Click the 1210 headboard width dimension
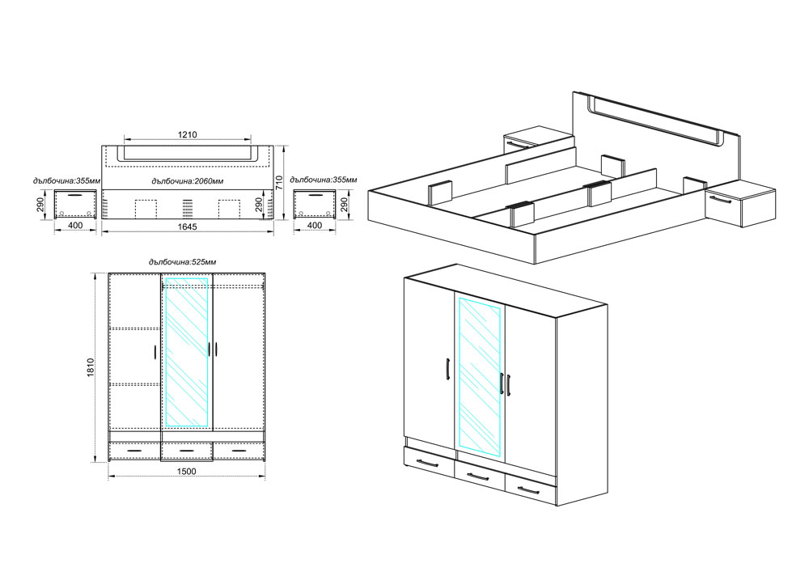(188, 134)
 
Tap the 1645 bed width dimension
(188, 227)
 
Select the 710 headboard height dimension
(279, 183)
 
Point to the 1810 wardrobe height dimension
(91, 368)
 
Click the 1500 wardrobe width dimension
(186, 471)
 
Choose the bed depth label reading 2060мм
(188, 181)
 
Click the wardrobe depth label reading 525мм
(182, 262)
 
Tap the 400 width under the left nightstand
(75, 226)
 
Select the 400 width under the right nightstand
(314, 226)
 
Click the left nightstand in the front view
(76, 204)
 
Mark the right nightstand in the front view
(314, 204)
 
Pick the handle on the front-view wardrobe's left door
(155, 352)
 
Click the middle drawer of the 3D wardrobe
(480, 475)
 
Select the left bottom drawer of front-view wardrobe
(135, 451)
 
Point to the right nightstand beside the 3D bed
(739, 204)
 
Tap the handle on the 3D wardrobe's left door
(448, 369)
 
